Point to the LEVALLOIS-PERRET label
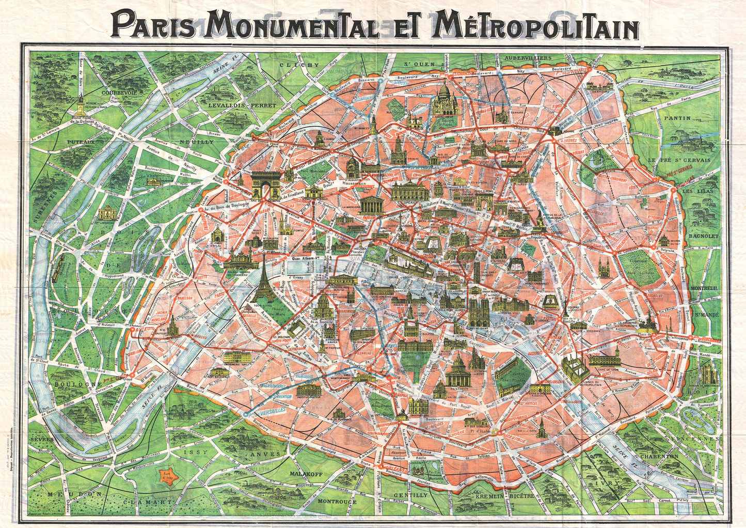pos(242,105)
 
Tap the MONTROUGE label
pos(337,501)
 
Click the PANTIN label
pos(677,118)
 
